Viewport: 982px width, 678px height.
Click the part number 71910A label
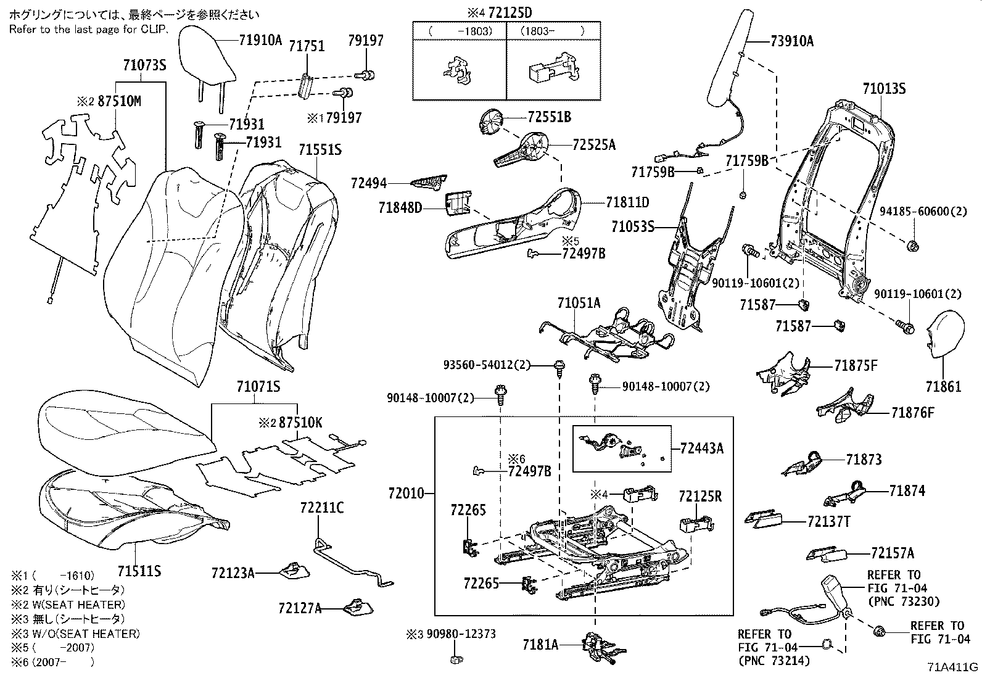coord(260,41)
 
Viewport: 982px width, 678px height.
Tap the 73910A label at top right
coord(792,41)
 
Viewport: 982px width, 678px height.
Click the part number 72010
coord(406,493)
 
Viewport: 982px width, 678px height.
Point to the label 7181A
coord(540,645)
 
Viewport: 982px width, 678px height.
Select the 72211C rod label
coord(322,508)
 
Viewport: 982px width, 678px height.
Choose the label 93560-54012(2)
coord(487,365)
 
